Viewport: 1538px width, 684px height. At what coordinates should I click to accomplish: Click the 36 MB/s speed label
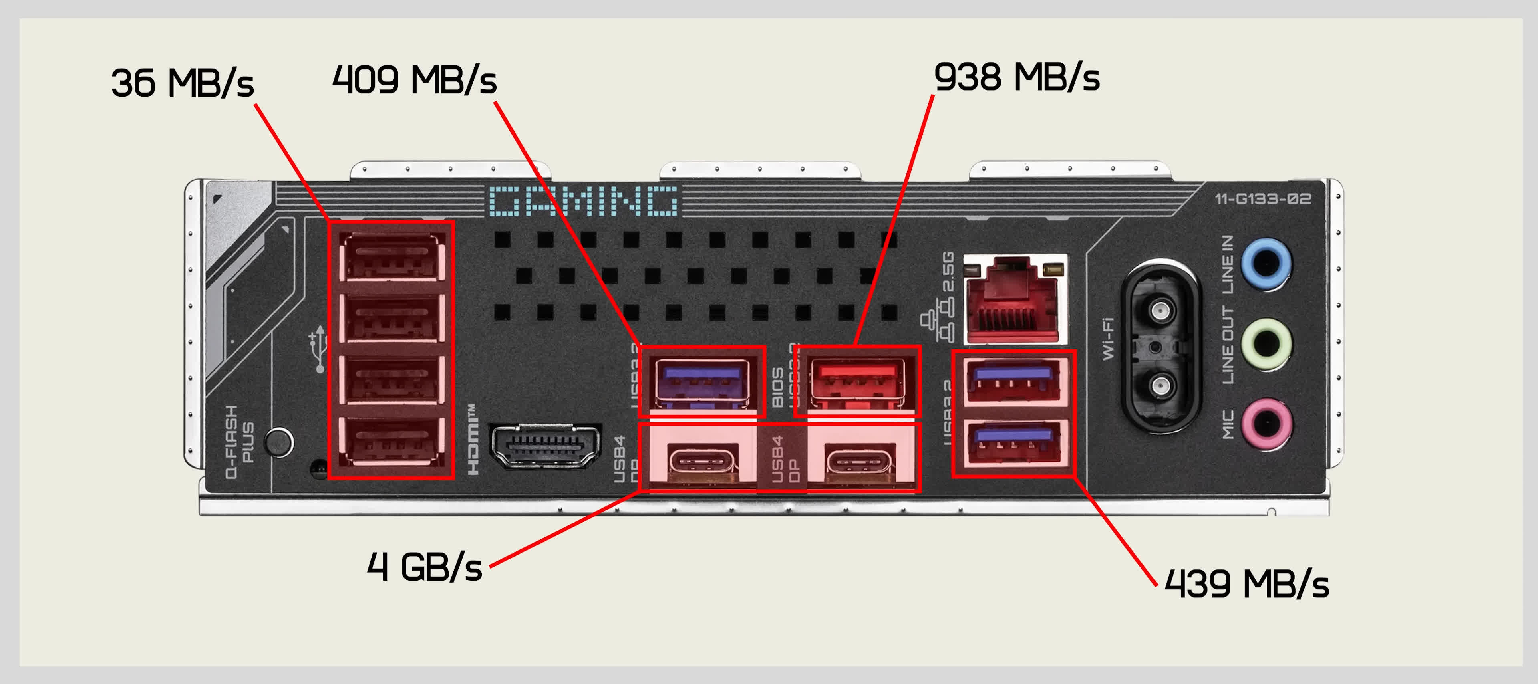tap(182, 83)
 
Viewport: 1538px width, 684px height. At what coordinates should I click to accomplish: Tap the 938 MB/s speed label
tap(1016, 78)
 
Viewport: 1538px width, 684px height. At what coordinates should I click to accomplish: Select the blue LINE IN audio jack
tap(1266, 263)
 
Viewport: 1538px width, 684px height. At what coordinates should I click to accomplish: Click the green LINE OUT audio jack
tap(1266, 343)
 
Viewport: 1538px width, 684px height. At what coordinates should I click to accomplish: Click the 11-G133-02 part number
tap(1263, 199)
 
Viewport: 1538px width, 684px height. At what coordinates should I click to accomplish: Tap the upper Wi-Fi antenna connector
tap(1160, 310)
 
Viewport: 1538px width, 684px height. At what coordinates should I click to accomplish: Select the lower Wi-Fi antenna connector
tap(1160, 385)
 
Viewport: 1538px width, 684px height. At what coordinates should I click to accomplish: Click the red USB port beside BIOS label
tap(857, 382)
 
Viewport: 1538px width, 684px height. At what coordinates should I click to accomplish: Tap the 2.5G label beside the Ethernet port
tap(948, 271)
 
